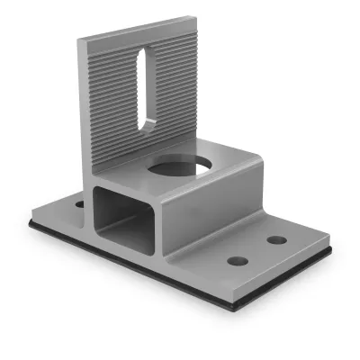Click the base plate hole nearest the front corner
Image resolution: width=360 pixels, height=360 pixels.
tap(238, 261)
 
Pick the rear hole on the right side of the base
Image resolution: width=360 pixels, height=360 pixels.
tap(277, 240)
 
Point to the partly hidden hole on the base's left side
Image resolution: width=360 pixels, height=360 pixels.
tap(79, 204)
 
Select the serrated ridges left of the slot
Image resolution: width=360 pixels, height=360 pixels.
tap(108, 99)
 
